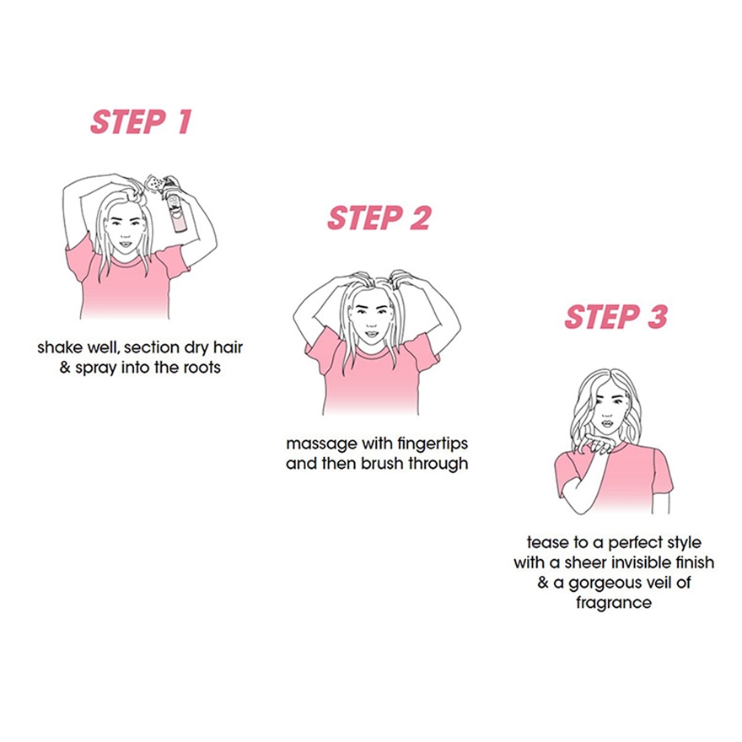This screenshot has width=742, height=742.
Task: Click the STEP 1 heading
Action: point(141,122)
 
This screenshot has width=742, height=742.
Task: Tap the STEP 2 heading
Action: point(379,218)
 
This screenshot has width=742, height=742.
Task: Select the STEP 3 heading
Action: point(616,316)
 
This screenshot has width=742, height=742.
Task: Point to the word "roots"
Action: point(203,368)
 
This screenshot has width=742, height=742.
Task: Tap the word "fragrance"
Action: point(614,603)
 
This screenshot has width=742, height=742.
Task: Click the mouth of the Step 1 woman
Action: point(125,245)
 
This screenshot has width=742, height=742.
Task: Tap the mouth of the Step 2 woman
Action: point(372,334)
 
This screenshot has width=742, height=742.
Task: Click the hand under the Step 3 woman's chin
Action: point(599,444)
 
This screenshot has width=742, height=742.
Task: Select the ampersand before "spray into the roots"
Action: point(65,368)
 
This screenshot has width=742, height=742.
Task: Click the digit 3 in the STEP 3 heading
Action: point(658,316)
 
